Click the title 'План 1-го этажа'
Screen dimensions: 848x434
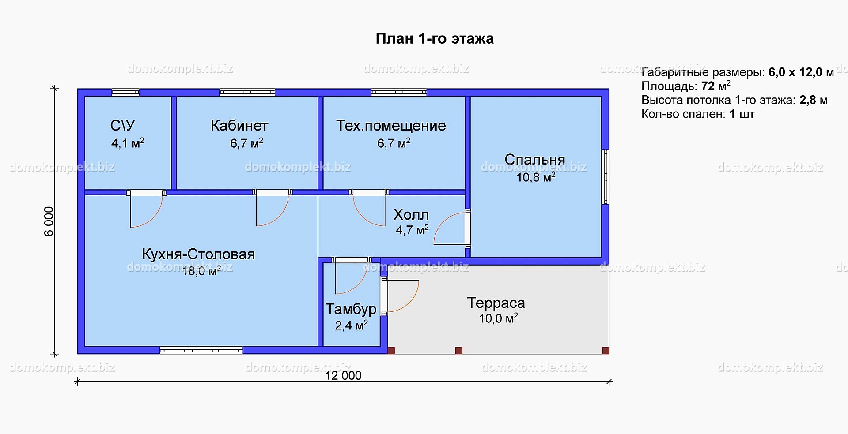pyautogui.click(x=435, y=39)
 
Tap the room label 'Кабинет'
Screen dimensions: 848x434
pyautogui.click(x=239, y=126)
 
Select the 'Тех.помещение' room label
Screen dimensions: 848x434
pyautogui.click(x=391, y=126)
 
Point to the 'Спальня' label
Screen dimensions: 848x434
pyautogui.click(x=535, y=159)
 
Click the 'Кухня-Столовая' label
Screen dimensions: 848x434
pyautogui.click(x=198, y=254)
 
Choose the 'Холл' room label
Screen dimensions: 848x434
pyautogui.click(x=411, y=215)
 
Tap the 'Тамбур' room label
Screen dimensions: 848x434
pyautogui.click(x=351, y=309)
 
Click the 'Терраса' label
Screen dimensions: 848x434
pyautogui.click(x=496, y=303)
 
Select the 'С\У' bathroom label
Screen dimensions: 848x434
pyautogui.click(x=123, y=126)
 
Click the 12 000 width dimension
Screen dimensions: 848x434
pyautogui.click(x=344, y=375)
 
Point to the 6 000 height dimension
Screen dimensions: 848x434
pyautogui.click(x=49, y=221)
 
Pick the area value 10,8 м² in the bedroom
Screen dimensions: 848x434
pyautogui.click(x=536, y=177)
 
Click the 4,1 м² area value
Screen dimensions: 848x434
pyautogui.click(x=128, y=143)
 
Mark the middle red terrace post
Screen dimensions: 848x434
pyautogui.click(x=458, y=350)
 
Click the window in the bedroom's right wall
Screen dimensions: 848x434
pyautogui.click(x=606, y=177)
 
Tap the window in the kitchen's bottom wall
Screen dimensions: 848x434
pyautogui.click(x=201, y=351)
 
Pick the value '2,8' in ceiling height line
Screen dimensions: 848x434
pyautogui.click(x=808, y=100)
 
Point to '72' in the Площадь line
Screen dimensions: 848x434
pyautogui.click(x=708, y=86)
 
